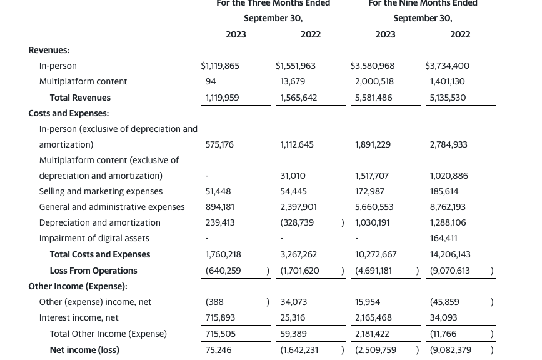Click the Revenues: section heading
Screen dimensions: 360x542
click(x=49, y=50)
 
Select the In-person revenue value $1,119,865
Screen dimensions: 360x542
click(x=220, y=66)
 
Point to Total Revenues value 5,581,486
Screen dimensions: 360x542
click(x=373, y=97)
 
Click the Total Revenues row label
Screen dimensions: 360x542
click(x=80, y=97)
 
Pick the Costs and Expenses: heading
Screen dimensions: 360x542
click(x=68, y=113)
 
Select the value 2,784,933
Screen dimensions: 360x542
click(x=449, y=144)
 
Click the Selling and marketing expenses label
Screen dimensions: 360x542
click(x=101, y=191)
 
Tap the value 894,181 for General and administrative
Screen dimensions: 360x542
click(x=219, y=207)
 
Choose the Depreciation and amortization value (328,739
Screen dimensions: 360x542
click(x=297, y=222)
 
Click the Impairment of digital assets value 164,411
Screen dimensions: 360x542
click(x=444, y=238)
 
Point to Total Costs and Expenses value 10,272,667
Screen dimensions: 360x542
click(x=376, y=254)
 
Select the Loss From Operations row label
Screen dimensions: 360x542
click(x=93, y=271)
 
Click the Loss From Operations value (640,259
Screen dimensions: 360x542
click(x=223, y=271)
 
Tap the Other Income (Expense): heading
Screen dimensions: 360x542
click(x=78, y=286)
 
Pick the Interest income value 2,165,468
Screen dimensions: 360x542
click(x=373, y=317)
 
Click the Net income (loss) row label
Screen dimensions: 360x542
click(x=84, y=350)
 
